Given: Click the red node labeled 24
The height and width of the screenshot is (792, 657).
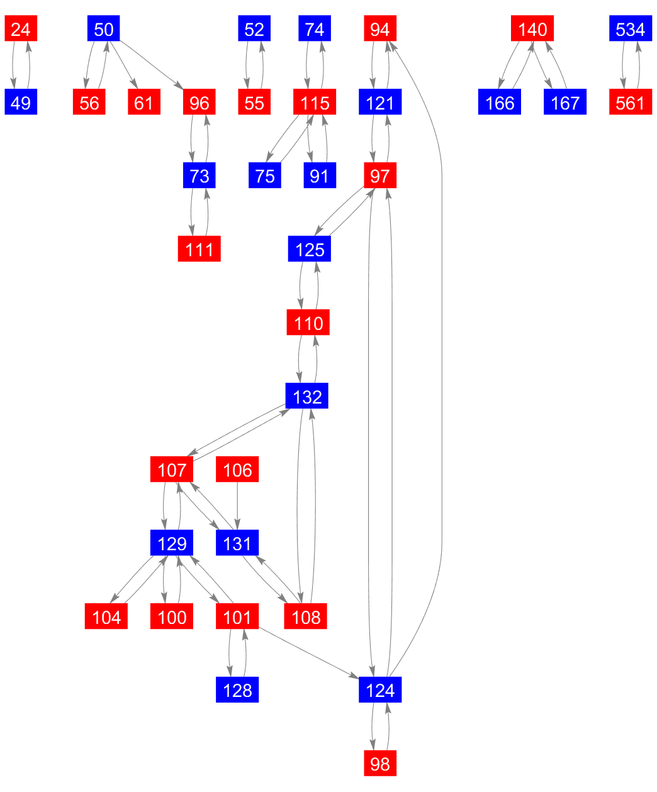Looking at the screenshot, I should pyautogui.click(x=21, y=29).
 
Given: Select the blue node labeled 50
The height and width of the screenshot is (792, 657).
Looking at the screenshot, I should pyautogui.click(x=103, y=29).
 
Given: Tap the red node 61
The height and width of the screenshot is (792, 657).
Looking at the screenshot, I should pyautogui.click(x=144, y=102).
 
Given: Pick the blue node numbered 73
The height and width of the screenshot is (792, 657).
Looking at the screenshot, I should pyautogui.click(x=199, y=176).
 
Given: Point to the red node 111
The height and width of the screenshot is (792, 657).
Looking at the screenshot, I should pyautogui.click(x=199, y=249).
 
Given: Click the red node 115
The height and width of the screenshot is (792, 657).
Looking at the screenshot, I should pyautogui.click(x=315, y=102).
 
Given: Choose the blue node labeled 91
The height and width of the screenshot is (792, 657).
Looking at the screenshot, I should pyautogui.click(x=320, y=176).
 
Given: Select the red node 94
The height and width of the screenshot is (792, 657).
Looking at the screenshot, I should pyautogui.click(x=380, y=29).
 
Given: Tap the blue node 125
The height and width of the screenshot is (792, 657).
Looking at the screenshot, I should pyautogui.click(x=310, y=249).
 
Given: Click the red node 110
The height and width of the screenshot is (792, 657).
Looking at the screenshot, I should pyautogui.click(x=308, y=323).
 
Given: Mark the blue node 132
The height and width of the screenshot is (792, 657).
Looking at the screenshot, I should pyautogui.click(x=307, y=397).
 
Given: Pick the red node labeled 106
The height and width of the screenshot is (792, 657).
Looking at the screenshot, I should pyautogui.click(x=237, y=470).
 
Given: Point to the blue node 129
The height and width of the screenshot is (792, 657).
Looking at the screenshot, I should pyautogui.click(x=172, y=543).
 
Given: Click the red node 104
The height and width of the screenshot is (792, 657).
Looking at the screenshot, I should pyautogui.click(x=106, y=617).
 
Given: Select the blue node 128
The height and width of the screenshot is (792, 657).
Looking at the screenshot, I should pyautogui.click(x=237, y=690).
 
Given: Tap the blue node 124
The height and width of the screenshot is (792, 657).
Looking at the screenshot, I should pyautogui.click(x=380, y=690).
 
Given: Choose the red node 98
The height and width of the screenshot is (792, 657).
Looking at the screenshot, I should pyautogui.click(x=380, y=764).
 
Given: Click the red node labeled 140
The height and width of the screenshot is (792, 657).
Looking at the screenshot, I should pyautogui.click(x=532, y=29).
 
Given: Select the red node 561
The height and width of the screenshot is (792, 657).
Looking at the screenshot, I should pyautogui.click(x=630, y=102).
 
